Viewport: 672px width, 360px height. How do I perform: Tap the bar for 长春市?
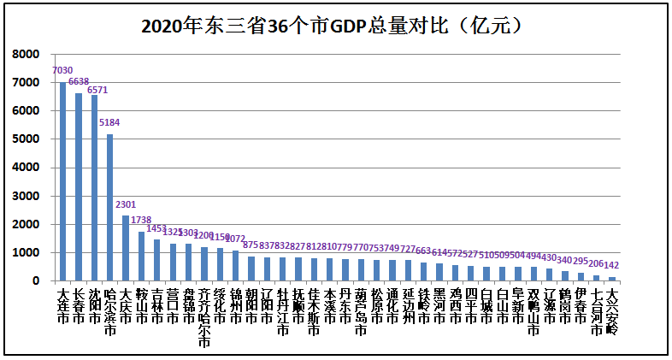[x=79, y=187]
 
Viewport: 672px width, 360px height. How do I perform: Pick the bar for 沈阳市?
[x=94, y=188]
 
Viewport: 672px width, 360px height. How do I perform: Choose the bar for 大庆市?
[x=126, y=248]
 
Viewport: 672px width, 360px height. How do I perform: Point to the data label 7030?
[x=62, y=71]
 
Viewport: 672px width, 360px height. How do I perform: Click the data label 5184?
[x=109, y=123]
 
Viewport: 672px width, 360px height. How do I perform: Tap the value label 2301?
[x=126, y=204]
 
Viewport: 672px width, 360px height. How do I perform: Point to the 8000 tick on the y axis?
[x=27, y=55]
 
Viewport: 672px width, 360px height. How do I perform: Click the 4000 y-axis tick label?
[x=27, y=168]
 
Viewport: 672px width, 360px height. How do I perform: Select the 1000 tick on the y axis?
[x=27, y=253]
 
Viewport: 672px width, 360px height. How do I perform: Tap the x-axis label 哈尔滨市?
[x=109, y=312]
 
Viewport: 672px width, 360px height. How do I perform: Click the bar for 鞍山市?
[x=141, y=256]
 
